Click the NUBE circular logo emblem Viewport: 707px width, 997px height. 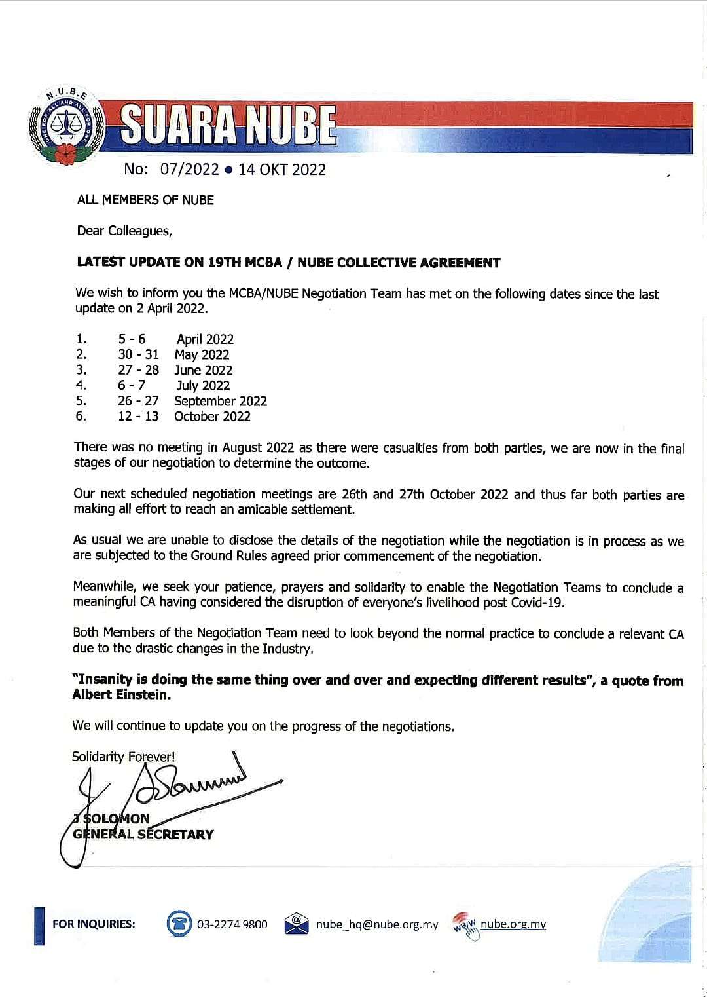click(x=65, y=126)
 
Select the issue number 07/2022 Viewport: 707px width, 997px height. click(x=189, y=169)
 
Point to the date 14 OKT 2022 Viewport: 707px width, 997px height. click(x=281, y=169)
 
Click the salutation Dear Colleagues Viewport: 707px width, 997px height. click(x=124, y=231)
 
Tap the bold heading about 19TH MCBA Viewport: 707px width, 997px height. click(x=288, y=263)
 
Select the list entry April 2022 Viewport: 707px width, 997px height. click(x=205, y=339)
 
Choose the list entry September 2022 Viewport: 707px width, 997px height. click(x=221, y=401)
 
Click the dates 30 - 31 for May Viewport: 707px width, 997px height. click(x=138, y=354)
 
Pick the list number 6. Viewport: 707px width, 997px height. click(x=81, y=416)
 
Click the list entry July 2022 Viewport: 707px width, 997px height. click(x=203, y=385)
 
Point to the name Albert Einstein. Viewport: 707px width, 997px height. click(x=121, y=695)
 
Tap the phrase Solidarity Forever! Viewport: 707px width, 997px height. click(x=123, y=757)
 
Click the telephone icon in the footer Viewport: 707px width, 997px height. click(x=179, y=924)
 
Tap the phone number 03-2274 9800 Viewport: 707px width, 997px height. click(x=232, y=924)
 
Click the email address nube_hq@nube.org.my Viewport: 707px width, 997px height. click(x=377, y=924)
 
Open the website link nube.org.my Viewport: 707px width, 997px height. click(x=513, y=924)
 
